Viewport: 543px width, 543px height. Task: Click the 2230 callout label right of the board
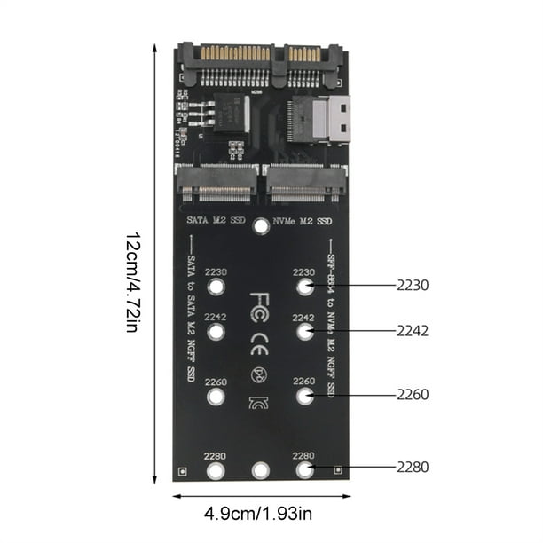coord(413,286)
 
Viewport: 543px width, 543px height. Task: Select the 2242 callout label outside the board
coord(413,330)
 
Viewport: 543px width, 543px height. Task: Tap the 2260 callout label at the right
coord(413,394)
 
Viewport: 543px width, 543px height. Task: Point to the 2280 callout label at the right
coord(413,468)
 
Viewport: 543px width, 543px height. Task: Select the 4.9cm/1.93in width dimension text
coord(259,513)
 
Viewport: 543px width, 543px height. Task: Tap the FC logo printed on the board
coord(260,302)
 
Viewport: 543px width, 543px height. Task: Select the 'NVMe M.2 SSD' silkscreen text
coord(303,219)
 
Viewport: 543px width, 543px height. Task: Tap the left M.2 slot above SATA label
coord(217,183)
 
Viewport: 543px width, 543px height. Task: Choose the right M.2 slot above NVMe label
coord(303,183)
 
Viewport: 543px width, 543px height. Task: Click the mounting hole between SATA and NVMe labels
coord(261,226)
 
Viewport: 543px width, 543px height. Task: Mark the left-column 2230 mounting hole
coord(216,287)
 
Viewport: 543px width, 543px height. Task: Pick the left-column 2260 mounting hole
coord(216,397)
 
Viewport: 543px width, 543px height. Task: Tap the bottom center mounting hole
coord(260,470)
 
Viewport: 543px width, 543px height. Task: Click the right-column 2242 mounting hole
coord(304,332)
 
